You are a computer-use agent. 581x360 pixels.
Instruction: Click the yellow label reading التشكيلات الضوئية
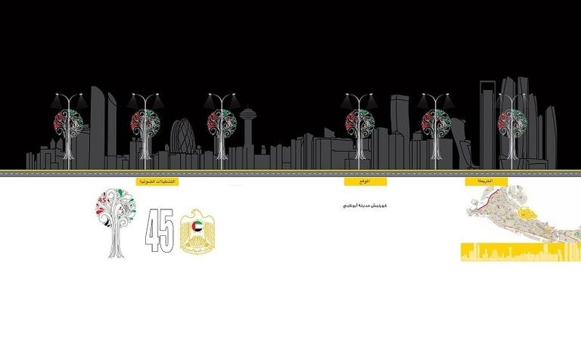(x=157, y=182)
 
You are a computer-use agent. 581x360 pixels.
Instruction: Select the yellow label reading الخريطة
(x=486, y=182)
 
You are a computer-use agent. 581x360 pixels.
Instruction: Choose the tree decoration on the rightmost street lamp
(x=513, y=119)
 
